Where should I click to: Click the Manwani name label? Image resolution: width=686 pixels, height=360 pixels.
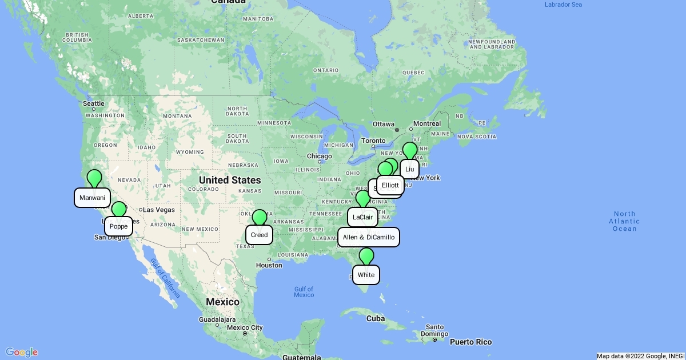[92, 198]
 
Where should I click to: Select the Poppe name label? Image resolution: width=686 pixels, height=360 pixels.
[118, 226]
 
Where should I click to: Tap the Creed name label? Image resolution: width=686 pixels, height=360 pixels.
[259, 235]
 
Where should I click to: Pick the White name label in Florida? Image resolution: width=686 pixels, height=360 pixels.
[366, 275]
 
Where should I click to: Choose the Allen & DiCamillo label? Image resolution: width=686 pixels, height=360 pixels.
[369, 237]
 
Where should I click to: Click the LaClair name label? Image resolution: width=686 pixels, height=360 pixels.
[362, 217]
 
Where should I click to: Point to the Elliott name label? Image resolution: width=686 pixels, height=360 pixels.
[390, 185]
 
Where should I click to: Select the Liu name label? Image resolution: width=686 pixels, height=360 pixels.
[409, 169]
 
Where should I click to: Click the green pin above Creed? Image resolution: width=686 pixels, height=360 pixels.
[260, 217]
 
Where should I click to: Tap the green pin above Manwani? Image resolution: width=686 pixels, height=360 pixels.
[94, 177]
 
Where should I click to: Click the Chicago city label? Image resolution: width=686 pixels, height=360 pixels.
[319, 156]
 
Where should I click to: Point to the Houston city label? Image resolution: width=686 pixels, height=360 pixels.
[269, 265]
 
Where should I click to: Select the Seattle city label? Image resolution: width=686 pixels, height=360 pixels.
[94, 103]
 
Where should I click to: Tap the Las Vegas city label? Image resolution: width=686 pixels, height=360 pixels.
[158, 210]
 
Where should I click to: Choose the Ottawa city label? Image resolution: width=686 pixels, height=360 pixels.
[384, 124]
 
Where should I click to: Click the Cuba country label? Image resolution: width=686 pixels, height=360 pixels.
[376, 318]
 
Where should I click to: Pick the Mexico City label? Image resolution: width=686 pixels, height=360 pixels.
[244, 327]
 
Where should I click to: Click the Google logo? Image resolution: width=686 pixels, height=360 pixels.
[22, 352]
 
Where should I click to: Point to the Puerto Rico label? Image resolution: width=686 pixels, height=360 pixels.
[471, 342]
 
